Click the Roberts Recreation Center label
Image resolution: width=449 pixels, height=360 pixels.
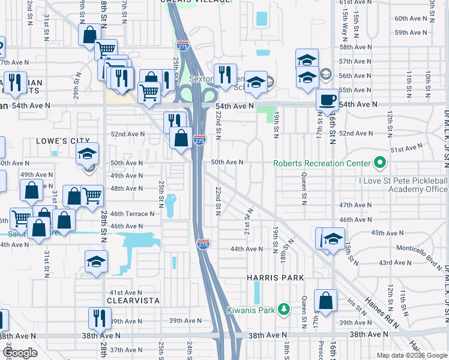[x=322, y=163]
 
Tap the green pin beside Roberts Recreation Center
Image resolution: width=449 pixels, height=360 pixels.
[x=379, y=163]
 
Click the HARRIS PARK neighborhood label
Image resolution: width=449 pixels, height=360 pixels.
[x=276, y=278]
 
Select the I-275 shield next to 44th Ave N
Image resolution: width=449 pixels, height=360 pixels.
[x=202, y=244]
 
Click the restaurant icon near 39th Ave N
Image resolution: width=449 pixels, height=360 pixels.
[x=100, y=318]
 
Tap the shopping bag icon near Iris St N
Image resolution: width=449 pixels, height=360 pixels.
[x=325, y=302]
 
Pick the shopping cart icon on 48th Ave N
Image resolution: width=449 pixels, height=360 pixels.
[x=92, y=196]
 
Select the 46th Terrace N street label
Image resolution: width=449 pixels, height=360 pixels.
[x=133, y=214]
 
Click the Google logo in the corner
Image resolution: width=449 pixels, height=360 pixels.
[x=19, y=353]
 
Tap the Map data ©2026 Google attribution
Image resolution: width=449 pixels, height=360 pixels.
[x=411, y=355]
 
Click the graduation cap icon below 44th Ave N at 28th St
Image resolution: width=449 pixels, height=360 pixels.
[x=95, y=263]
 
